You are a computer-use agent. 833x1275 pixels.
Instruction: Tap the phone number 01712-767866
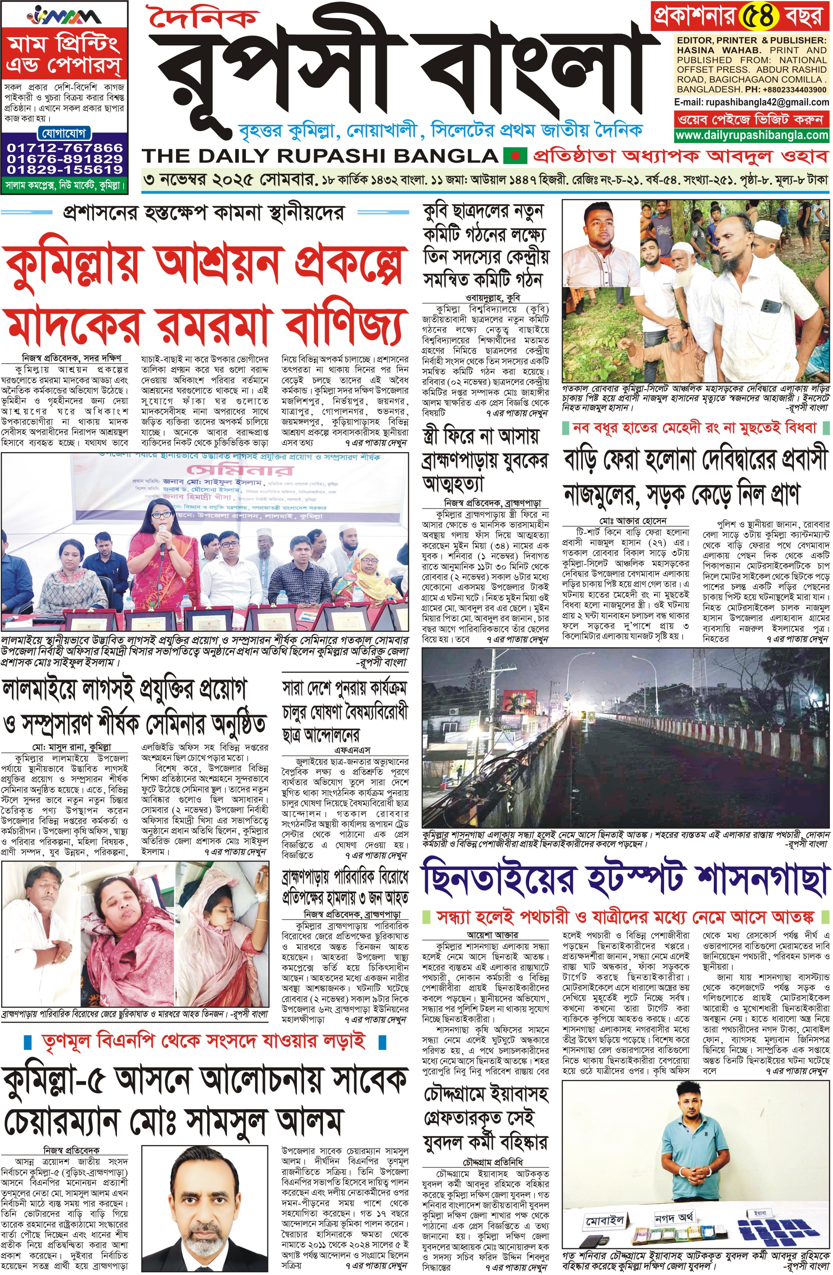tap(65, 147)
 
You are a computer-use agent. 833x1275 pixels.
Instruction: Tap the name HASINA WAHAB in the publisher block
tap(709, 50)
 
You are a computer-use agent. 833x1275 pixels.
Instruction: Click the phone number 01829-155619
tap(65, 169)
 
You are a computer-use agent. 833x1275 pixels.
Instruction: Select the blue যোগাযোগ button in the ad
tap(64, 133)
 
